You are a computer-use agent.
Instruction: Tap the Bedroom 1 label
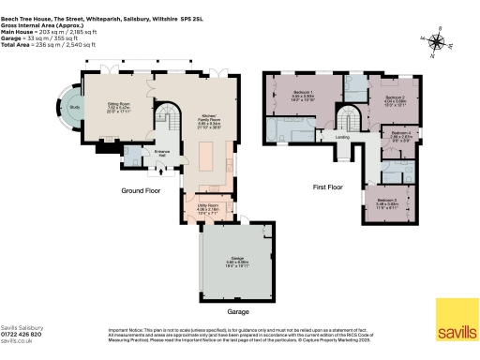303,94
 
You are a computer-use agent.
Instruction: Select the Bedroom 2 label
395,97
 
